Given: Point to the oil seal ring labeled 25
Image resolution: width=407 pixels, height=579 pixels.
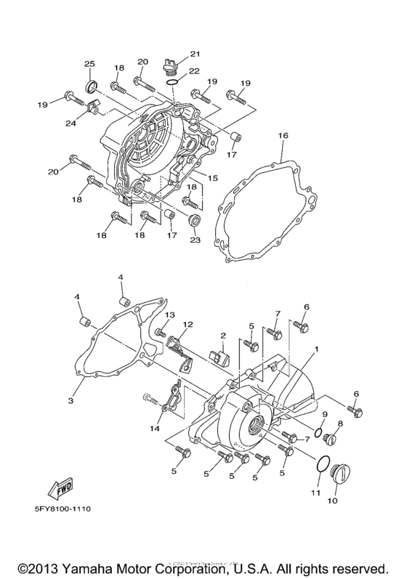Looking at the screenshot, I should coord(92,89).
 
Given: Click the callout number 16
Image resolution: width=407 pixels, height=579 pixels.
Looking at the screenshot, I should coord(283,135).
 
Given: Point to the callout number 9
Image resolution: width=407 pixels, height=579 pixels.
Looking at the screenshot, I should coord(325,414).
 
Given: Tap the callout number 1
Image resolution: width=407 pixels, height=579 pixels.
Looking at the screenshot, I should coord(317,350).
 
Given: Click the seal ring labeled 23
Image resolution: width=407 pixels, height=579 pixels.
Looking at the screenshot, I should coord(195,220).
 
